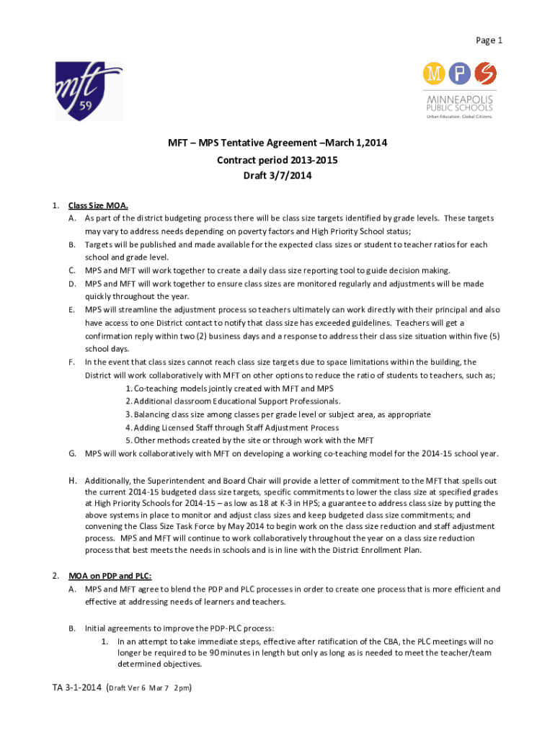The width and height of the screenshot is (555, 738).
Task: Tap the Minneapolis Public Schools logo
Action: click(459, 90)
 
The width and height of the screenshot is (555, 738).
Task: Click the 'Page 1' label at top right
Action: click(488, 41)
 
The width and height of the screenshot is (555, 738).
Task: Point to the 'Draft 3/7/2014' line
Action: click(277, 175)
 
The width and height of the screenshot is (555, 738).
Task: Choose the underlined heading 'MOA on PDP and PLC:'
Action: click(110, 576)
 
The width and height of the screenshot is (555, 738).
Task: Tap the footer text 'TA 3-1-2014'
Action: click(76, 688)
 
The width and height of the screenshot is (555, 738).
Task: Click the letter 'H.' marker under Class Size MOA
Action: click(73, 480)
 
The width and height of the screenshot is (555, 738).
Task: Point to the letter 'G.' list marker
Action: click(73, 453)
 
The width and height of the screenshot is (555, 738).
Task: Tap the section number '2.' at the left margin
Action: click(55, 576)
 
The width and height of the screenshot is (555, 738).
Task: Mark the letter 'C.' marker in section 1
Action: click(73, 270)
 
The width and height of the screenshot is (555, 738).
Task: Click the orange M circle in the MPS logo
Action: click(434, 73)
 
